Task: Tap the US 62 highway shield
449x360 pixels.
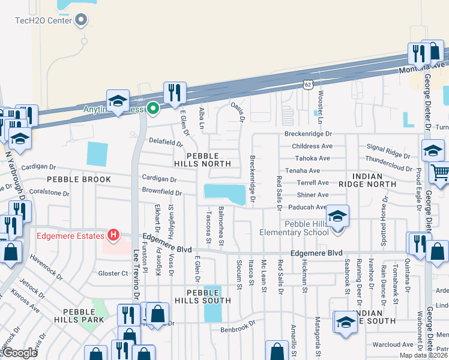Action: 308,84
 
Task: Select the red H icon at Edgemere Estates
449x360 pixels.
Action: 112,235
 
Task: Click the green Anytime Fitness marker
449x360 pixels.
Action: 153,109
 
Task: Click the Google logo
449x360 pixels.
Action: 19,353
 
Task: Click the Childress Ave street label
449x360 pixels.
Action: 312,146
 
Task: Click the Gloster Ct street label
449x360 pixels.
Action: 113,273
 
